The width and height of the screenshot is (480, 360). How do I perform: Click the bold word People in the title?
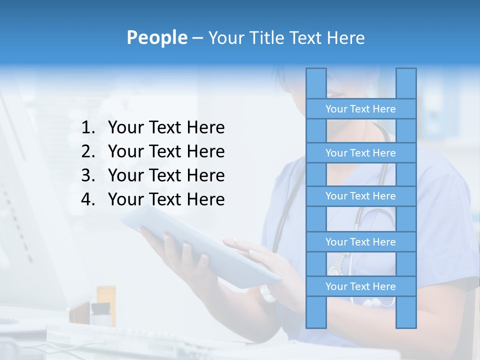(x=157, y=37)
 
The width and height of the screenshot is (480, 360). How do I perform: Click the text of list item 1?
(x=166, y=128)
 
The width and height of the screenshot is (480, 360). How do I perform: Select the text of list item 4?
(x=166, y=199)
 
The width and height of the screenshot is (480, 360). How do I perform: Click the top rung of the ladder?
(x=360, y=109)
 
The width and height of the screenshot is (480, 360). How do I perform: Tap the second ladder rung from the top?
(x=360, y=153)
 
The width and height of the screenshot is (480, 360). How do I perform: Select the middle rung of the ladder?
(x=360, y=196)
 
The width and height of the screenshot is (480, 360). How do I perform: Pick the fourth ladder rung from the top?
(x=360, y=242)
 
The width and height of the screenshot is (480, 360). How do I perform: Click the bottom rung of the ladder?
(x=360, y=286)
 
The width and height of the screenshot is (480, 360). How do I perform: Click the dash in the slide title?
(x=197, y=38)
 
